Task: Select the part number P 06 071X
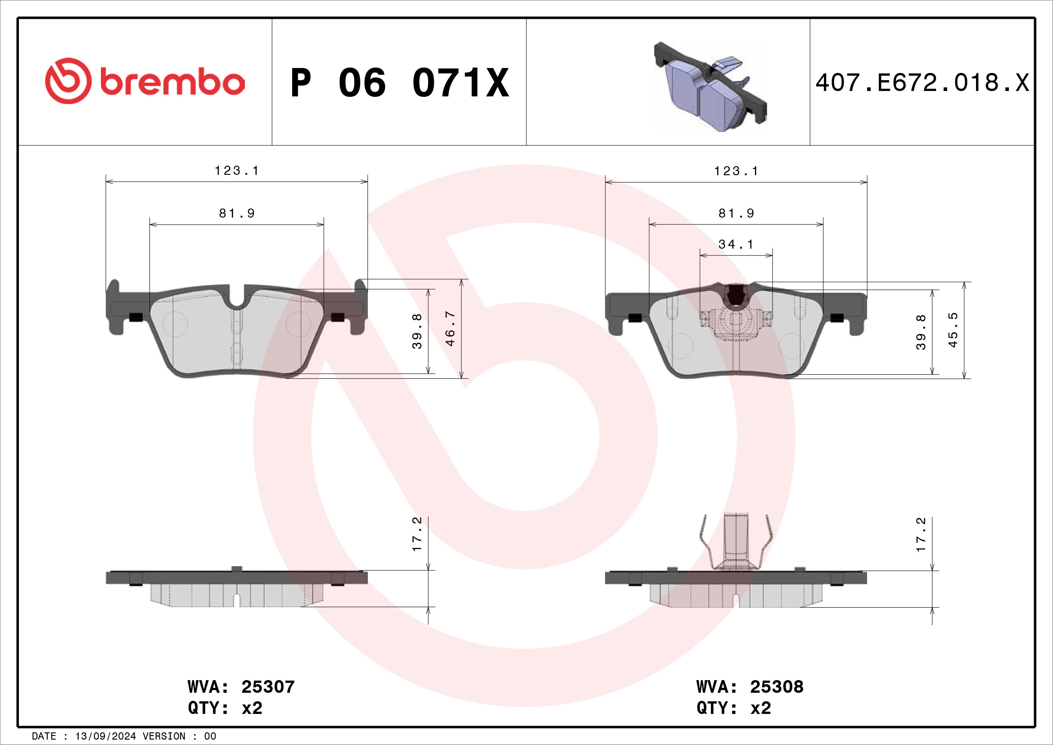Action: pos(399,83)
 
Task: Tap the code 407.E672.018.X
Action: pos(922,83)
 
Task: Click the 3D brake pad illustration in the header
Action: pos(710,87)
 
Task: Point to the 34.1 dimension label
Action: pos(736,245)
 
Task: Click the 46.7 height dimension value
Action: pos(450,328)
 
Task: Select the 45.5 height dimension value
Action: pos(953,330)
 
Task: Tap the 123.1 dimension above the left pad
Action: pos(237,171)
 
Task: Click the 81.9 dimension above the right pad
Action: pos(736,214)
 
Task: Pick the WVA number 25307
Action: pos(268,687)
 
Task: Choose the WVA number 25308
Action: pos(777,687)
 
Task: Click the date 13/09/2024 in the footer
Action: pos(105,736)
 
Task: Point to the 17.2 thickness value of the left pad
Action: pos(417,535)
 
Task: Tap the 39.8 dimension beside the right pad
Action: pos(921,332)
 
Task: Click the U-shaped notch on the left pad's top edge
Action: pos(237,300)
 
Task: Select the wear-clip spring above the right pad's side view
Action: pos(736,541)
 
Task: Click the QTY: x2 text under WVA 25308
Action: pos(733,709)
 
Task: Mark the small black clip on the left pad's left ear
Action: pos(136,317)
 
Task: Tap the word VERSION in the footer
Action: pos(164,736)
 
